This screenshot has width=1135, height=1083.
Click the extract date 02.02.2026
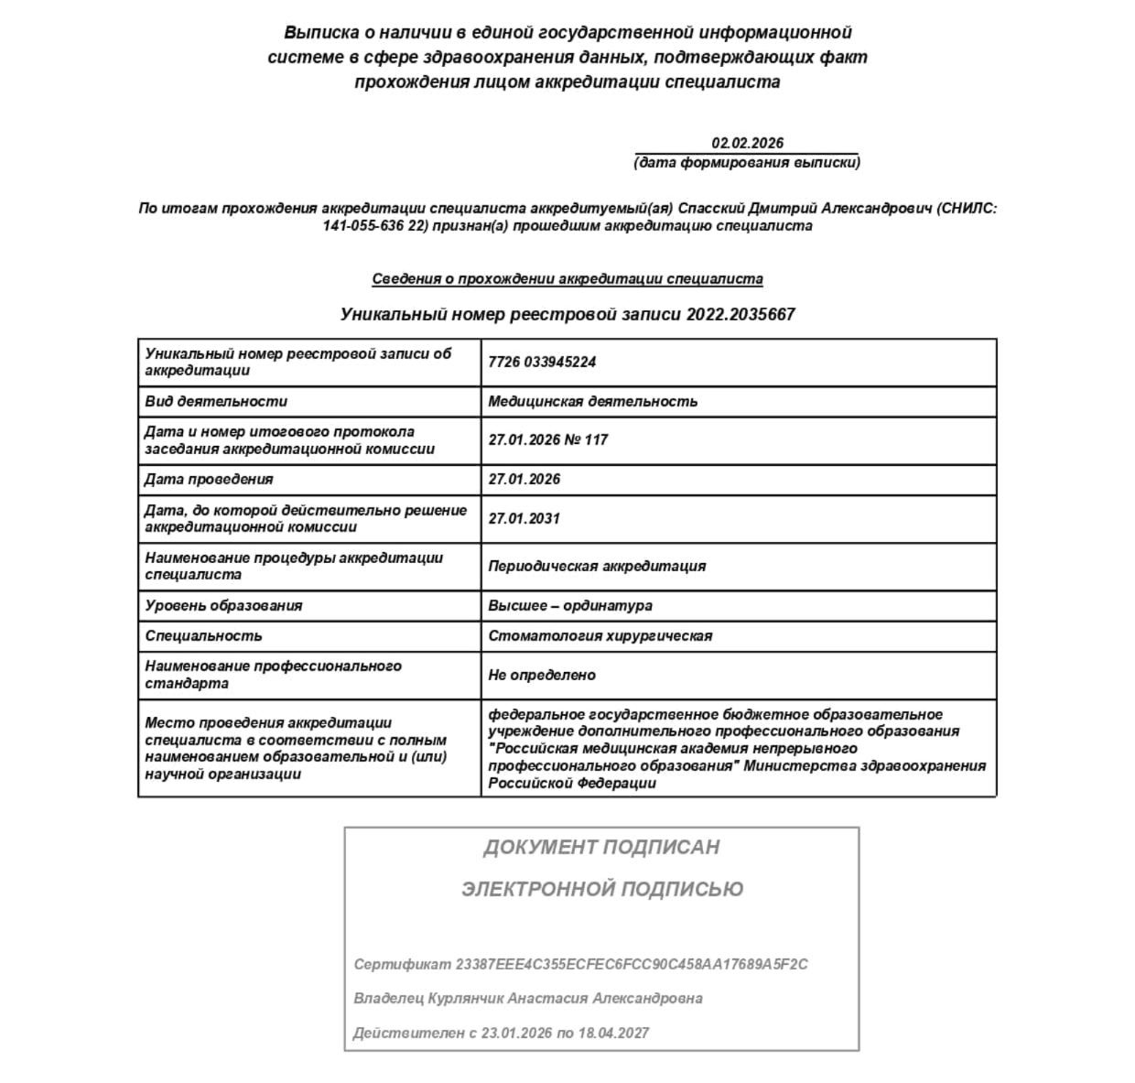click(747, 143)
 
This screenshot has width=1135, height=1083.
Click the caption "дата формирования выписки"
click(747, 163)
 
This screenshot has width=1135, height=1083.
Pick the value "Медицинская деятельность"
click(592, 402)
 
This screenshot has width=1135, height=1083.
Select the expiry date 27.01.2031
click(524, 519)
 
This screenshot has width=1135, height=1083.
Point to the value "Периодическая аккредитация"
click(597, 567)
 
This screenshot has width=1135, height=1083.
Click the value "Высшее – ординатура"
click(570, 606)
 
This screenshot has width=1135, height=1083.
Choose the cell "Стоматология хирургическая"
click(600, 636)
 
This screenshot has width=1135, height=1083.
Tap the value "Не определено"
click(542, 676)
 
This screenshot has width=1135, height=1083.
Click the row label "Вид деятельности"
click(216, 402)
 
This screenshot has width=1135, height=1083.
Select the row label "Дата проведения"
click(209, 480)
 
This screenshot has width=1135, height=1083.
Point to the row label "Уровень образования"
click(223, 606)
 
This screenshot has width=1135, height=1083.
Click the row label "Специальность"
click(203, 636)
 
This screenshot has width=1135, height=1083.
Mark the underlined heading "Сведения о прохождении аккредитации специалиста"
click(567, 279)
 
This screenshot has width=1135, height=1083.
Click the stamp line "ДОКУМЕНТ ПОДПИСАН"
click(601, 848)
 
